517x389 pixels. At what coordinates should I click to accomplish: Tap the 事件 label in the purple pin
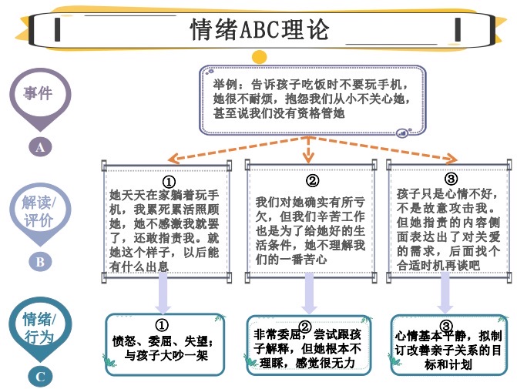coord(38,93)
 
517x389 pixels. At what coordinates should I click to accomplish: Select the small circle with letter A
coord(40,147)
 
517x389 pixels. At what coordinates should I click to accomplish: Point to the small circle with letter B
coord(40,261)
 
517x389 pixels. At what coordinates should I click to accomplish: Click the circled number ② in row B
coord(311,181)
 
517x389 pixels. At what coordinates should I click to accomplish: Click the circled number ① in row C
coord(162,325)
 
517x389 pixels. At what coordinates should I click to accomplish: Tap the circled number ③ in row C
coord(445,327)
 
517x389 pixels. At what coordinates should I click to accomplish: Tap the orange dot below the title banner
coord(260,55)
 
